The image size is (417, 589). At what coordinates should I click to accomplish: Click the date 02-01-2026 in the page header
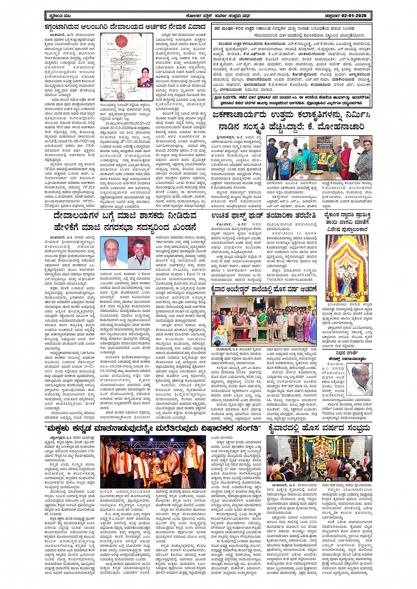(x=351, y=16)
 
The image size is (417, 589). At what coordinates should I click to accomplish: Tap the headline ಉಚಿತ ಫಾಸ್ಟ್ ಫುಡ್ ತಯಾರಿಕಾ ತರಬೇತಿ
(x=264, y=215)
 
